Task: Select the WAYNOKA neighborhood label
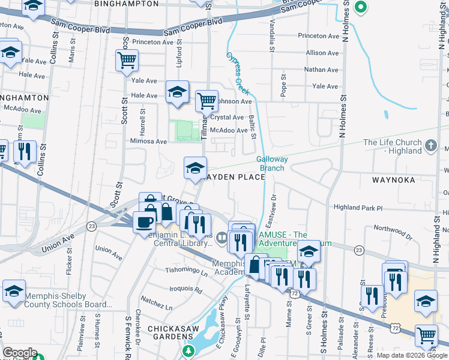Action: point(381,178)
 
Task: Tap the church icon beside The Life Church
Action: point(430,146)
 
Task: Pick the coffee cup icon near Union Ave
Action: point(144,222)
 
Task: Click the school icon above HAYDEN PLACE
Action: point(195,167)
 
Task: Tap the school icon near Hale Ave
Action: point(177,92)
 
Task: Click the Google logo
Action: point(20,353)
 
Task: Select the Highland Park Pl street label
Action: point(358,208)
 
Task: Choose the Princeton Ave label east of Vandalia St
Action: point(319,36)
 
